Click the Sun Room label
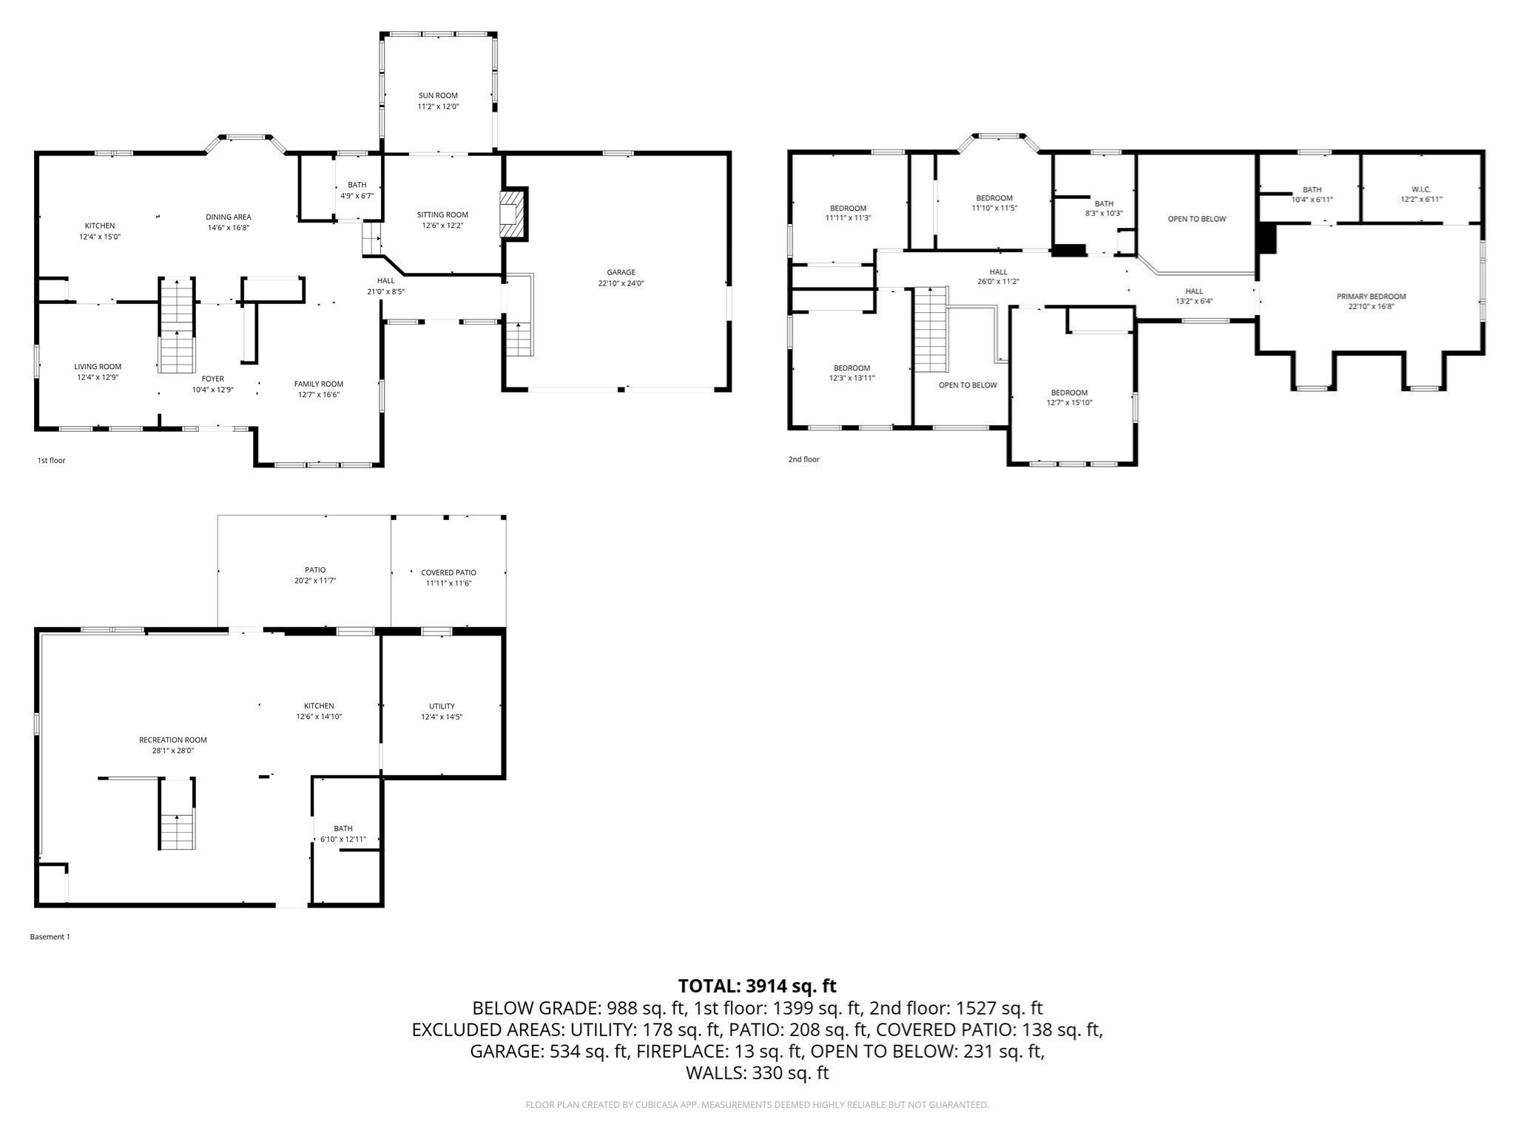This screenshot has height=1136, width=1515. pyautogui.click(x=438, y=95)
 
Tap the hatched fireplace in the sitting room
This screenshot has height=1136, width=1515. pyautogui.click(x=512, y=213)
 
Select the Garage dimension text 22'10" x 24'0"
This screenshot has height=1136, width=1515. pyautogui.click(x=621, y=283)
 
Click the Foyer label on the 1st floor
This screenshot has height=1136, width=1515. pyautogui.click(x=212, y=379)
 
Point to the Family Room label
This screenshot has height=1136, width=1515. pyautogui.click(x=318, y=384)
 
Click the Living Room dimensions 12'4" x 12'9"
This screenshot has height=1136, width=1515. pyautogui.click(x=98, y=377)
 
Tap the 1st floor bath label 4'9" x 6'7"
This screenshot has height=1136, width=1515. pyautogui.click(x=357, y=196)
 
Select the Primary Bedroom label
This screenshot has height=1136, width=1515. pyautogui.click(x=1371, y=297)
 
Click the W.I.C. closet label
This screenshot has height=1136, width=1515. pyautogui.click(x=1420, y=189)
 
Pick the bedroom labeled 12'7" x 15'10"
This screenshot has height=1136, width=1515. pyautogui.click(x=1069, y=398)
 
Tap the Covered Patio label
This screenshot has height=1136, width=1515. pyautogui.click(x=448, y=572)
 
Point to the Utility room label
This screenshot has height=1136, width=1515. pyautogui.click(x=442, y=706)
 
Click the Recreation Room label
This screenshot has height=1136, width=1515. pyautogui.click(x=173, y=740)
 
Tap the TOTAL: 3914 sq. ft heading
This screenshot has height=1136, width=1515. pyautogui.click(x=757, y=986)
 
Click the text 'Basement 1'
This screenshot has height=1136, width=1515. pyautogui.click(x=50, y=937)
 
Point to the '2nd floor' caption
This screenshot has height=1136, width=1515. pyautogui.click(x=803, y=459)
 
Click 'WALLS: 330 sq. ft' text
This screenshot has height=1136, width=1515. pyautogui.click(x=757, y=1073)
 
